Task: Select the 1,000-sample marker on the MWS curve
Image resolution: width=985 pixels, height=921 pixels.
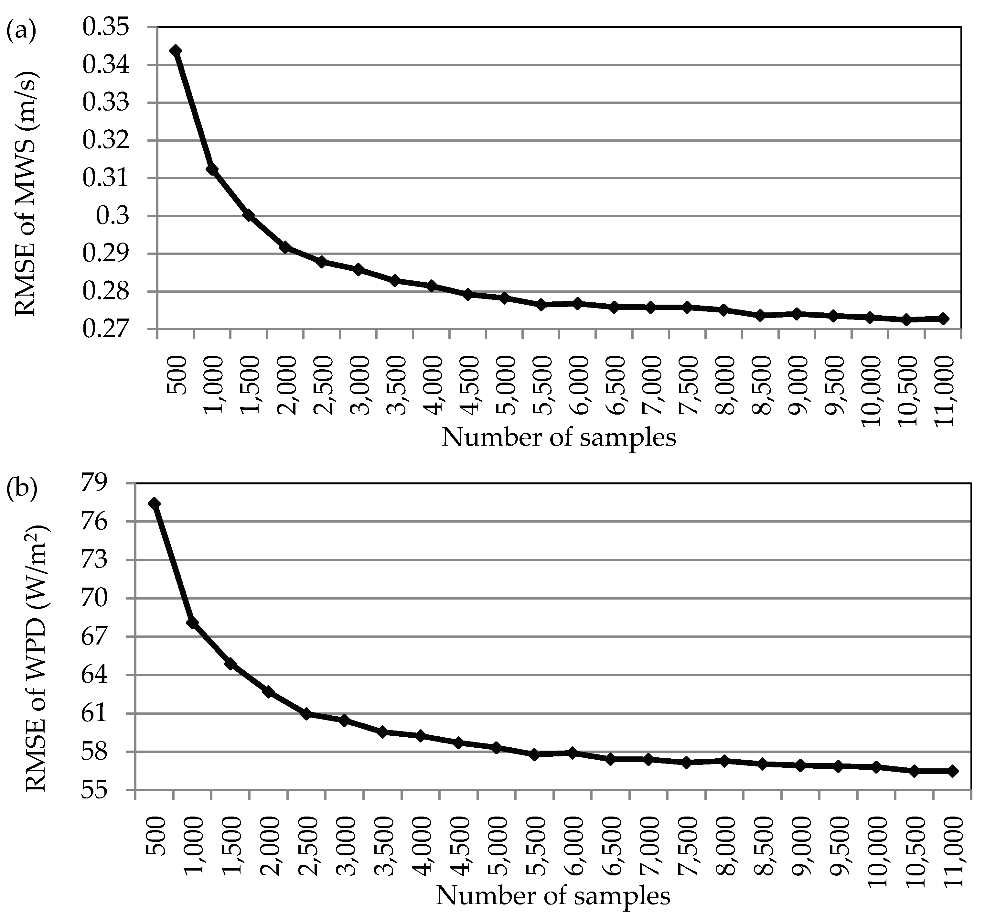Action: pyautogui.click(x=212, y=169)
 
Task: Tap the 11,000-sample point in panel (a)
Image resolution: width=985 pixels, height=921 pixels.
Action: pyautogui.click(x=943, y=319)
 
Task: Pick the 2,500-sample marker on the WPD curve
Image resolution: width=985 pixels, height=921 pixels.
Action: pyautogui.click(x=307, y=714)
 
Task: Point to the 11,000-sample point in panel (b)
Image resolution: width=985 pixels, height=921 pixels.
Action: pyautogui.click(x=953, y=771)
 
